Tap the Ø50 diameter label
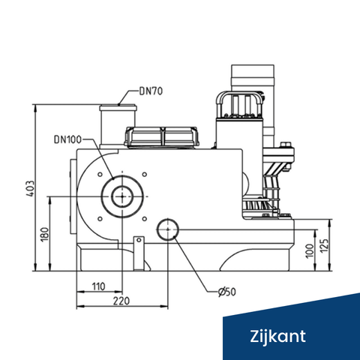[226, 292]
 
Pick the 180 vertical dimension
[44, 234]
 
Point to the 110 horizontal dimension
[97, 286]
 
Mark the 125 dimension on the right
[325, 246]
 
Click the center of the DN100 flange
[120, 196]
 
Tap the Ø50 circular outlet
[166, 230]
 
